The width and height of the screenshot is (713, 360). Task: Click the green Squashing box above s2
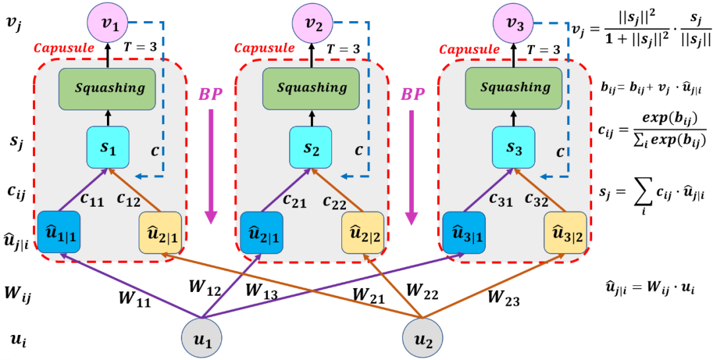point(312,87)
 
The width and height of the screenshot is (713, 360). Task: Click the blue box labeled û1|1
point(59,232)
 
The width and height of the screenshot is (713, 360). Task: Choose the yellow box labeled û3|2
point(566,232)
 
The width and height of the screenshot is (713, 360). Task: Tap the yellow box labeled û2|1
point(160,232)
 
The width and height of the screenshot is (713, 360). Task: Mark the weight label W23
point(504,299)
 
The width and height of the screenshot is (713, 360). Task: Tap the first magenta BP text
point(211,94)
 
